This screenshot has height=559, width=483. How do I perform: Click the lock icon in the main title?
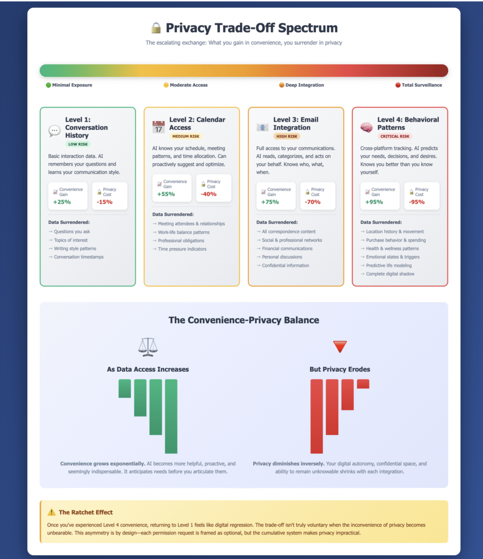click(156, 28)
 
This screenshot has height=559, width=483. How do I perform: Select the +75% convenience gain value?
click(270, 202)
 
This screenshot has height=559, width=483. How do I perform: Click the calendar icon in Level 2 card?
click(158, 127)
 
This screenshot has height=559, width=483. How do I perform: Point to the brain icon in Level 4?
click(367, 127)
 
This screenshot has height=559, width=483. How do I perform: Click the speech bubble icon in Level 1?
click(55, 131)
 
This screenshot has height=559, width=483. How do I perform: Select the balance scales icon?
click(147, 346)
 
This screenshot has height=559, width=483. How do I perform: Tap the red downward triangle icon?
click(340, 346)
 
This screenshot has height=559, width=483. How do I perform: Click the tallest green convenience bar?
click(171, 416)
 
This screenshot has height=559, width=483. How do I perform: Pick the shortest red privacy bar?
click(363, 384)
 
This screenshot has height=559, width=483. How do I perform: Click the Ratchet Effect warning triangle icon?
click(52, 512)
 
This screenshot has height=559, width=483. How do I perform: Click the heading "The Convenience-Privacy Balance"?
click(243, 320)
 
